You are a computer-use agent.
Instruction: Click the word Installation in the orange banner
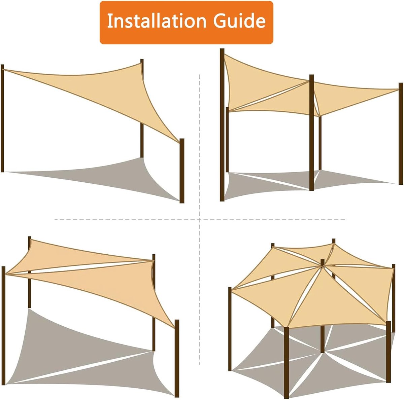[157, 21]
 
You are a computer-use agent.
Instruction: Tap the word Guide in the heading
[239, 21]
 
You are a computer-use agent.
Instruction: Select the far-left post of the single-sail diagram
[2, 118]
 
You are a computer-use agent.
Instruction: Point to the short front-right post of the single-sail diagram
[182, 171]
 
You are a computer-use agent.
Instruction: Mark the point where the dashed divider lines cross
[200, 220]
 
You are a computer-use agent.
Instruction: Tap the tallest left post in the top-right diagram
[222, 125]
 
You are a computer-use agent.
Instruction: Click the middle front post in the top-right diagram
[311, 133]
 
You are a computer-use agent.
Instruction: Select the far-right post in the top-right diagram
[401, 134]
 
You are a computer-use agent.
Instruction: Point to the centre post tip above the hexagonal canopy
[323, 262]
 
